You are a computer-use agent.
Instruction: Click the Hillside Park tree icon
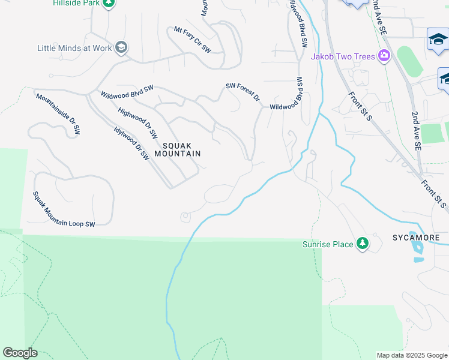tap(108, 4)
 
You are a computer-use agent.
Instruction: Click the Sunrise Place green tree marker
tap(362, 244)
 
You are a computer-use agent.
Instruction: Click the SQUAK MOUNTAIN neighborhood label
tap(177, 149)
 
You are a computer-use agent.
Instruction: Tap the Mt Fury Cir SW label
tap(193, 38)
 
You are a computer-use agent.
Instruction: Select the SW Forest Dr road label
tap(243, 92)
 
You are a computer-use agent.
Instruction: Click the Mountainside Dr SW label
tap(58, 113)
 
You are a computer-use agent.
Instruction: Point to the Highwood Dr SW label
tap(137, 122)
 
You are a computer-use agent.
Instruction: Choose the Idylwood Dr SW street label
tap(131, 142)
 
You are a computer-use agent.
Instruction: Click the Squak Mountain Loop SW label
tap(64, 209)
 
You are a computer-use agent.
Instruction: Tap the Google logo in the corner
tap(20, 353)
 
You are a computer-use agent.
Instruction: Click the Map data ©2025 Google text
tap(411, 355)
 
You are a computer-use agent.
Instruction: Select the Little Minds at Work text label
tap(74, 48)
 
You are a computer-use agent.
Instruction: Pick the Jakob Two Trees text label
tap(342, 56)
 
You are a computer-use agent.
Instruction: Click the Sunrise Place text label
tap(328, 244)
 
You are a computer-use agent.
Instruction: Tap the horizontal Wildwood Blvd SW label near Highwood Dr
tap(127, 91)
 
